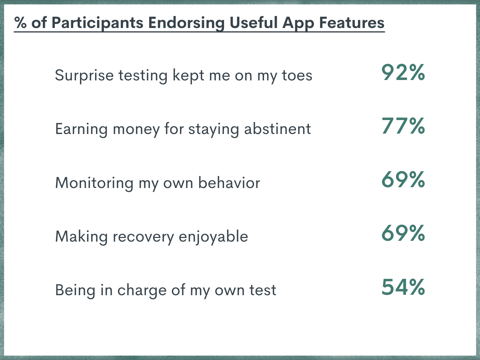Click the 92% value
[403, 72]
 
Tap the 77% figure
[403, 126]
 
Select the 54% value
[403, 287]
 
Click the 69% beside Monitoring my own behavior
[403, 180]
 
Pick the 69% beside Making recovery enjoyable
[403, 234]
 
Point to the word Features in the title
[352, 22]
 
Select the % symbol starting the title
[20, 22]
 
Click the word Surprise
[84, 76]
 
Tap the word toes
[297, 76]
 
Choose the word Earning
[81, 129]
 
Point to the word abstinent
[278, 129]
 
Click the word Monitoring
[94, 183]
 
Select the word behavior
[229, 182]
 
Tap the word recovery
[143, 237]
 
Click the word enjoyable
[214, 237]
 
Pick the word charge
[142, 291]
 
